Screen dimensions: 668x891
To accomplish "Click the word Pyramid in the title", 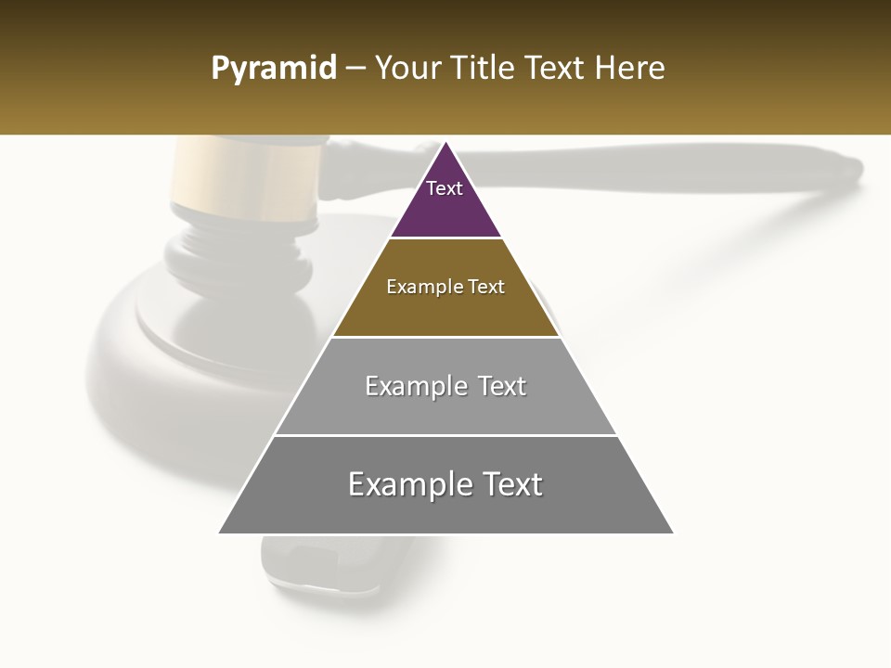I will tap(274, 69).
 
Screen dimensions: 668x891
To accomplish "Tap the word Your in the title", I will tap(406, 69).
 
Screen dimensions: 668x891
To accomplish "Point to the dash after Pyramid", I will tap(355, 70).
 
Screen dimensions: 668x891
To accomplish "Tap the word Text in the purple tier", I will tap(444, 188).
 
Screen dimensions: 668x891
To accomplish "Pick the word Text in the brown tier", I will tap(486, 287).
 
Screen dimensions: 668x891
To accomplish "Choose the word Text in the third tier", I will tap(502, 386).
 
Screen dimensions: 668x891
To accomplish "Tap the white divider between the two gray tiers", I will tap(445, 435).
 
